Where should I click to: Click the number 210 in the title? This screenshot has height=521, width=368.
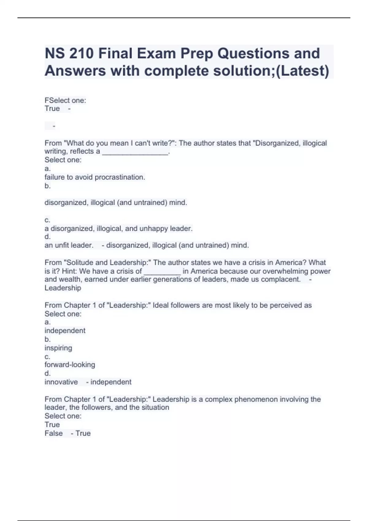click(x=81, y=54)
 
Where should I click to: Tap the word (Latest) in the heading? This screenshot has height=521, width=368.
click(x=303, y=71)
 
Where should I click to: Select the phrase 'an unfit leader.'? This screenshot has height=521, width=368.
click(x=69, y=245)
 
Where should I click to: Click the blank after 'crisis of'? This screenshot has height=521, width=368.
click(x=162, y=272)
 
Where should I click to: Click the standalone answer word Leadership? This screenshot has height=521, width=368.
click(x=63, y=288)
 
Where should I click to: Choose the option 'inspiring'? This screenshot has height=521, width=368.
click(x=58, y=348)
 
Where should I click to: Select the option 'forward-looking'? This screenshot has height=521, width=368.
click(x=70, y=365)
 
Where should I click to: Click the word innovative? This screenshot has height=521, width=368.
click(x=61, y=382)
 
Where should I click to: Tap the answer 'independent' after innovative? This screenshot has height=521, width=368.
click(x=111, y=382)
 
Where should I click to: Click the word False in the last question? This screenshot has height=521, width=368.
click(x=54, y=433)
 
